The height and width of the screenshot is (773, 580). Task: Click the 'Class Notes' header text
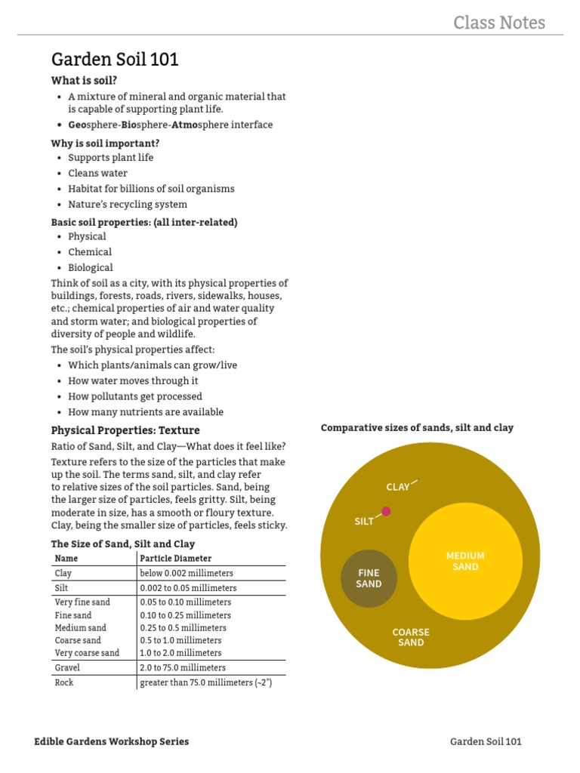(498, 23)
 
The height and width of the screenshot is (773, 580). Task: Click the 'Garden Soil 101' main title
(115, 60)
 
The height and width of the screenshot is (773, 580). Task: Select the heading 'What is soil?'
(85, 80)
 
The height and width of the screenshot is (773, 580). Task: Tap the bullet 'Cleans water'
(97, 173)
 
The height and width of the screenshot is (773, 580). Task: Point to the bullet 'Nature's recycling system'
(128, 204)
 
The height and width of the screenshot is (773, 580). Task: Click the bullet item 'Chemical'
(90, 252)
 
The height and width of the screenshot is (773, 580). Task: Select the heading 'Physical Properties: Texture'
(125, 430)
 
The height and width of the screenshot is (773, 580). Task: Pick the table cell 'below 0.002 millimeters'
(187, 573)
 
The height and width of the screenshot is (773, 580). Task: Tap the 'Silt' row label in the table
(62, 587)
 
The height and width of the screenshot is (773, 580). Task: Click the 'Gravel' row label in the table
(67, 667)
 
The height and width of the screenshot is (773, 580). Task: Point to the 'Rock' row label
(64, 682)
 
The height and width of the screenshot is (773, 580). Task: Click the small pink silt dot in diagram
(386, 511)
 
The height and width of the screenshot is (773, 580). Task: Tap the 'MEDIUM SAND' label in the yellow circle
(465, 561)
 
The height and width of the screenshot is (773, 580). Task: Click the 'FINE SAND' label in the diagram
(369, 578)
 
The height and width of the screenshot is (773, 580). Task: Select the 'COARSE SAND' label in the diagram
(411, 637)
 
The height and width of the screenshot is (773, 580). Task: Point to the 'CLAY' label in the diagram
(397, 487)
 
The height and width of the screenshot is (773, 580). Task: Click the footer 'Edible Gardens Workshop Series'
(112, 741)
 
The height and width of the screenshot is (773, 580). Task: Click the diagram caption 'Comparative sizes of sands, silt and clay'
(417, 427)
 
